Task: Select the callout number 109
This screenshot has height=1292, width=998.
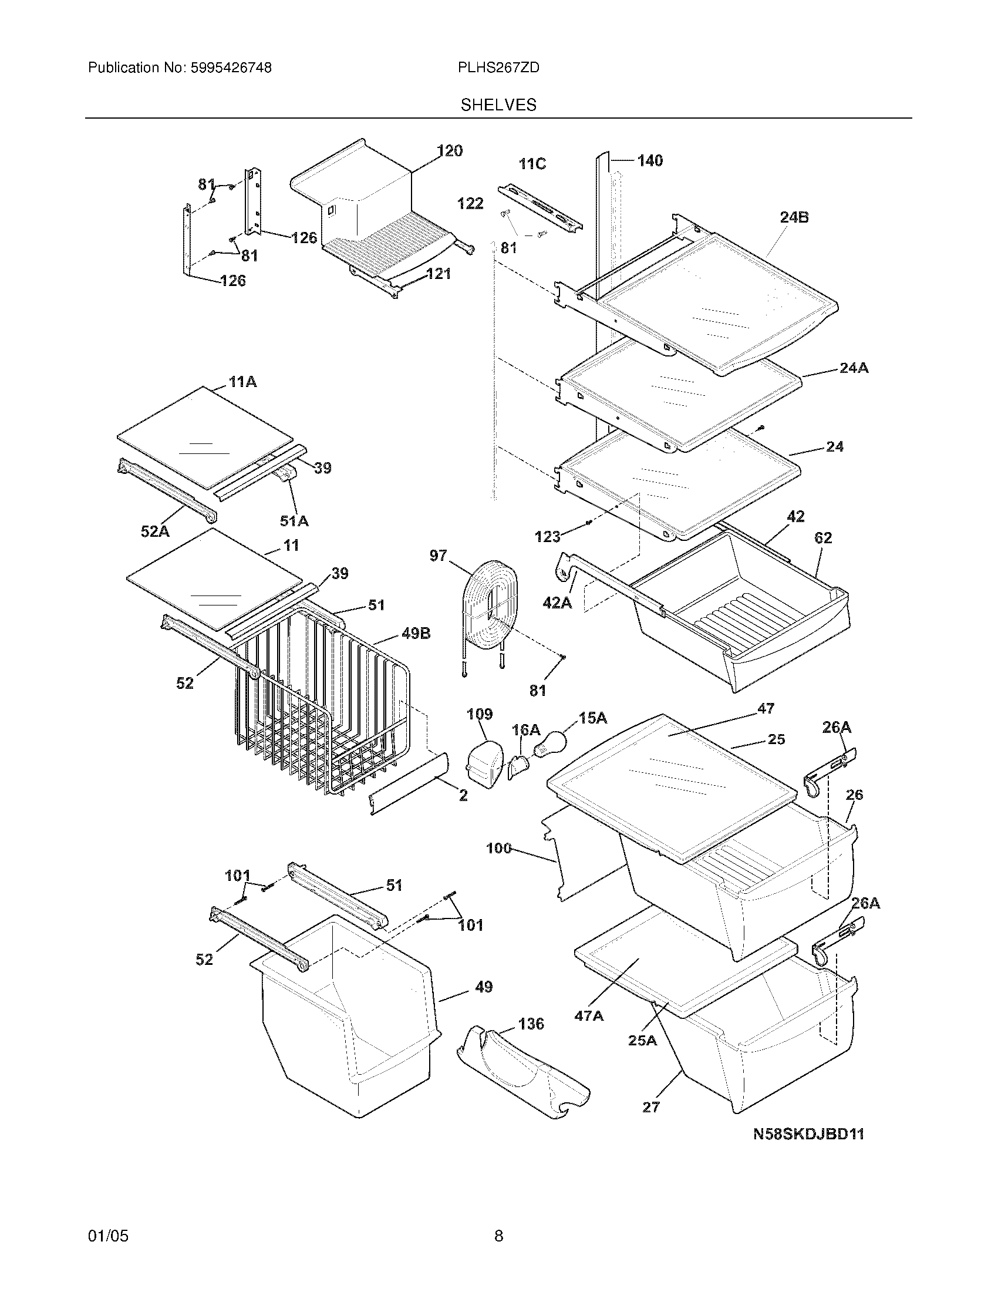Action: pos(480,714)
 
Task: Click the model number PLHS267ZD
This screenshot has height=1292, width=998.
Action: pos(498,68)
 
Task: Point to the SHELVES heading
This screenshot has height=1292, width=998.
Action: pos(498,105)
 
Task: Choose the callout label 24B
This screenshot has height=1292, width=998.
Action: pos(794,217)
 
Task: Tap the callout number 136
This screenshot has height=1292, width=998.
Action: pos(531,1024)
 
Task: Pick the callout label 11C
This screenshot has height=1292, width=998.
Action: pos(532,164)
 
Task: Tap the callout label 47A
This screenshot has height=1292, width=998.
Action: pos(589,1016)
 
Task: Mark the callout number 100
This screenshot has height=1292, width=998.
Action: pos(498,849)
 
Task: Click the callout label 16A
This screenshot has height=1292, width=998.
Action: pos(525,730)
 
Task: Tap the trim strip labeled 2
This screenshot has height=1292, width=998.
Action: pos(408,784)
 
